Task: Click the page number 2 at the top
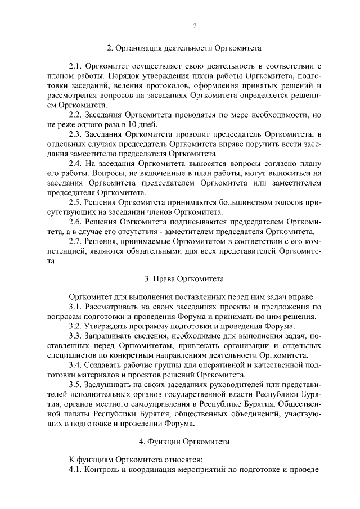pyautogui.click(x=195, y=26)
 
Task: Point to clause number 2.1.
pyautogui.click(x=75, y=67)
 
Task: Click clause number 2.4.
pyautogui.click(x=75, y=163)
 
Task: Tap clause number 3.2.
pyautogui.click(x=75, y=326)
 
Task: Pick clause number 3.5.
pyautogui.click(x=75, y=384)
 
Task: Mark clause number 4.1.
pyautogui.click(x=75, y=469)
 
